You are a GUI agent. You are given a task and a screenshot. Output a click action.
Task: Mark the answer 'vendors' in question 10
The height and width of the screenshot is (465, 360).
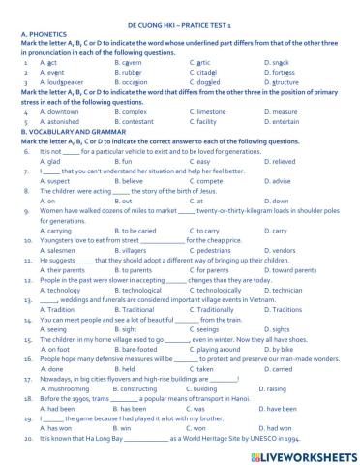tap(277, 251)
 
